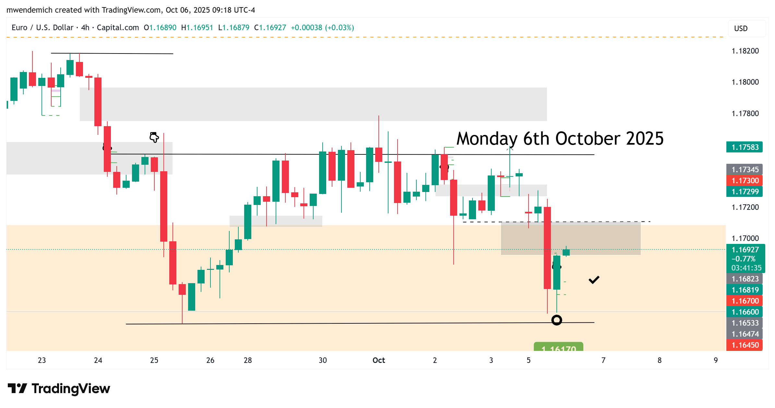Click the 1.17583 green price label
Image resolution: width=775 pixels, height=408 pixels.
pos(744,147)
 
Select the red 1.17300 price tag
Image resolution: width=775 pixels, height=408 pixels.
pos(744,181)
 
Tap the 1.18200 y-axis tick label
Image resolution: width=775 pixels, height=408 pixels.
pos(745,51)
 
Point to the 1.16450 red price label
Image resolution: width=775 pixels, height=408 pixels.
pos(744,345)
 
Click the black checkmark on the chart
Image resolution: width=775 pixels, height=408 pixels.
pos(594,280)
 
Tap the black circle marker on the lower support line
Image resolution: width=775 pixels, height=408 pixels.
pos(556,320)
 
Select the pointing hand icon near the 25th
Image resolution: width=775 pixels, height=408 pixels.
pos(154,137)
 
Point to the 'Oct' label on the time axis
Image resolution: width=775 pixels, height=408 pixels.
pos(378,360)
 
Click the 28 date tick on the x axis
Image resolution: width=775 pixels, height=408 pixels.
pos(248,360)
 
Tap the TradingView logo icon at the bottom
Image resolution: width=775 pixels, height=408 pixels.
pos(18,388)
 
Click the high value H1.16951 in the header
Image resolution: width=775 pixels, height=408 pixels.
pos(197,28)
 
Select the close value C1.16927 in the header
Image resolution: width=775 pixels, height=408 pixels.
pos(270,28)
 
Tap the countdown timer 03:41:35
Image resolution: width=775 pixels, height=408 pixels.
pos(746,268)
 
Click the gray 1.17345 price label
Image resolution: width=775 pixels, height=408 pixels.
pos(744,170)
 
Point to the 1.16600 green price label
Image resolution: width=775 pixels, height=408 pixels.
pos(744,312)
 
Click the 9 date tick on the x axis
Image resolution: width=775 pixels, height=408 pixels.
pos(716,360)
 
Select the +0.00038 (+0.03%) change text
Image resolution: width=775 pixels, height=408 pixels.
pos(322,28)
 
